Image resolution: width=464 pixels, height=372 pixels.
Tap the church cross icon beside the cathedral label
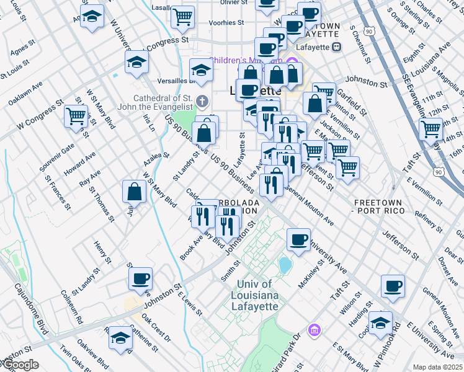[202, 100]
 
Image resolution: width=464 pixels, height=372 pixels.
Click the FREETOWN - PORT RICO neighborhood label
[379, 207]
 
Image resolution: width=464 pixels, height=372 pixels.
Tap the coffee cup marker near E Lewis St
[141, 278]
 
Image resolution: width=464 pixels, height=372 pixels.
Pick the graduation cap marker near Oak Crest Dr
[120, 337]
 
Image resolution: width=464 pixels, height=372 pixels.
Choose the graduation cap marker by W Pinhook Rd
[380, 322]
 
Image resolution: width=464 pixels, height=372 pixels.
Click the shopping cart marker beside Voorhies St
[183, 17]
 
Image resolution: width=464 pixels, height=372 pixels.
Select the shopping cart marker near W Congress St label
[76, 115]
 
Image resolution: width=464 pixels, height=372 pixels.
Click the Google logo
[19, 365]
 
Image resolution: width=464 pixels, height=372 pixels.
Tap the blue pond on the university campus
[285, 265]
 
